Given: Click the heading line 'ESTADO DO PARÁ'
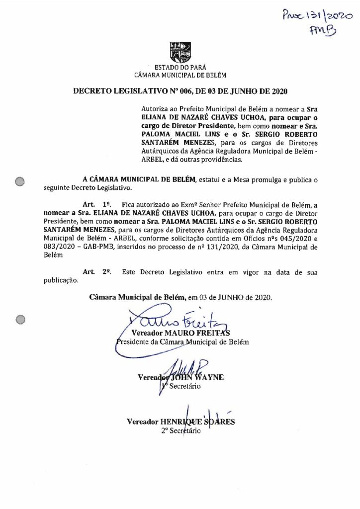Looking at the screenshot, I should [x=180, y=67].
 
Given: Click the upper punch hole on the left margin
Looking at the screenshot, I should [x=20, y=181].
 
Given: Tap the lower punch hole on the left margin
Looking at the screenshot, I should [x=20, y=320].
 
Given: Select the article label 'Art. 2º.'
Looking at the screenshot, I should [x=90, y=272].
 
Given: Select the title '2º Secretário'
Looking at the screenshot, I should [x=180, y=431].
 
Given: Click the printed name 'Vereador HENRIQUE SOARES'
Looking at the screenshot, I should [x=180, y=422].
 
